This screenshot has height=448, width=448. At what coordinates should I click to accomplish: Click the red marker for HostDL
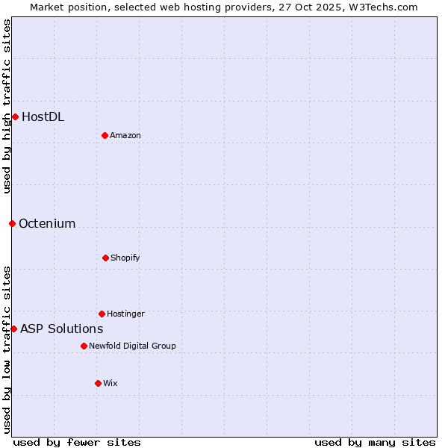(15, 116)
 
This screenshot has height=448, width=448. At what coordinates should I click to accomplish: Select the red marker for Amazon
(105, 135)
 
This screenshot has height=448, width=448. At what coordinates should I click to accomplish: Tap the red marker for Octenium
(12, 223)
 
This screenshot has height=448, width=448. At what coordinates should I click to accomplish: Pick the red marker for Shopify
(105, 258)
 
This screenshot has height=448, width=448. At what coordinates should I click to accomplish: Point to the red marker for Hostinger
(102, 314)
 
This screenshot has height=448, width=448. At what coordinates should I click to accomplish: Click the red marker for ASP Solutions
(13, 329)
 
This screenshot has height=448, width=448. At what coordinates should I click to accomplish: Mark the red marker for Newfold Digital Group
(84, 346)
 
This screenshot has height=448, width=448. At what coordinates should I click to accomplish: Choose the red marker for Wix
(98, 383)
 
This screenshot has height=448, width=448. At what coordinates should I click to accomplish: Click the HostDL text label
(43, 116)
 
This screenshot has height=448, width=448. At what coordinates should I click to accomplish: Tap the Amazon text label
(125, 135)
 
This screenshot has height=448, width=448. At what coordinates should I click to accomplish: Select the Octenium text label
(47, 223)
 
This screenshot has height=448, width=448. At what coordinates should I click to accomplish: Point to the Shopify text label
(125, 258)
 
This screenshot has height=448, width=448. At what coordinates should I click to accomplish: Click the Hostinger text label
(125, 314)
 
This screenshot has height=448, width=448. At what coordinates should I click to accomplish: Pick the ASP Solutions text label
(61, 329)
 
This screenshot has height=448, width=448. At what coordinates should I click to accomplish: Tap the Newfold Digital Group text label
(132, 346)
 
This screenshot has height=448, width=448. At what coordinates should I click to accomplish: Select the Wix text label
(111, 383)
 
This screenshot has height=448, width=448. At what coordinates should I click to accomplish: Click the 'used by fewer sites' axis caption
(77, 442)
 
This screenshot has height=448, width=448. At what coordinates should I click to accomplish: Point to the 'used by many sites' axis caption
(375, 442)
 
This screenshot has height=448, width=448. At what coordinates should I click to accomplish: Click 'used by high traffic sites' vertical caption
(7, 106)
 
